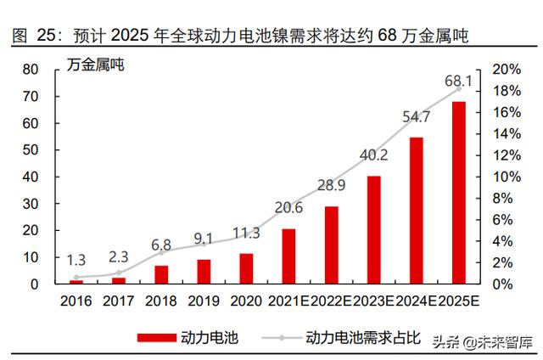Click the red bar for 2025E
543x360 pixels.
coord(459,193)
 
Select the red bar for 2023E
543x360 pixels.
coord(374,230)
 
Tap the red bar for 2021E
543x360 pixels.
coord(289,256)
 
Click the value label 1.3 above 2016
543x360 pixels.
coord(76,260)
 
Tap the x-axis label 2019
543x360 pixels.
coord(204,300)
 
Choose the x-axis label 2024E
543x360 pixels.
coord(417,300)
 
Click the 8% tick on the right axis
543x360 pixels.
coord(503,199)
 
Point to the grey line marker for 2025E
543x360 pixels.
coord(459,88)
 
